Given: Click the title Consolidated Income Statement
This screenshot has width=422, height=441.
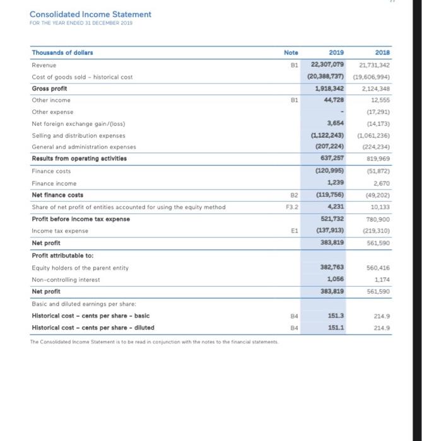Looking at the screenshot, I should pos(90,14).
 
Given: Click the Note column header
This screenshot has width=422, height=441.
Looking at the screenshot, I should pos(291,54).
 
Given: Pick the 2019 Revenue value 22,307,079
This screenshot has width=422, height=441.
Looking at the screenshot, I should pos(326,65).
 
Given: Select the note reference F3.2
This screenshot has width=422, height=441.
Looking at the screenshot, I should pos(291,206).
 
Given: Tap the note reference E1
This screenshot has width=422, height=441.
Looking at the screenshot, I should pos(291,231).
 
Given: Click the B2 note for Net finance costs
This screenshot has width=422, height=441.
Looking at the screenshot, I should pos(291,195).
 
